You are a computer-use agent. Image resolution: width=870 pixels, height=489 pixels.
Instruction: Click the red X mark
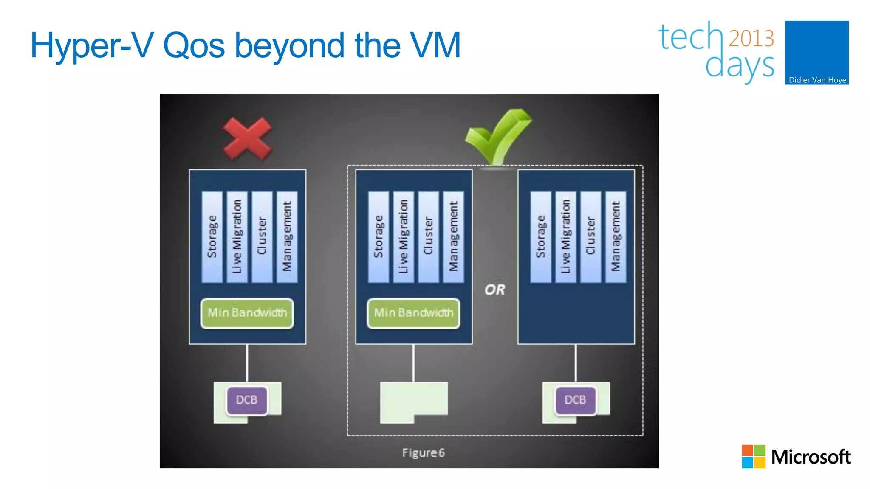(247, 138)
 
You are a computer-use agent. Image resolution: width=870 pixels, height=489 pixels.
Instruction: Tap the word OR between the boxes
(495, 290)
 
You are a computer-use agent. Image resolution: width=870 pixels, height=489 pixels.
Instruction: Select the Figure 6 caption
(423, 453)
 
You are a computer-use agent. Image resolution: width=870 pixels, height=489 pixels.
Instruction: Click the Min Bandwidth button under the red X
(247, 313)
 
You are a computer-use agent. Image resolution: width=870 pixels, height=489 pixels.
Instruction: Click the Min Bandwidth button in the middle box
(413, 313)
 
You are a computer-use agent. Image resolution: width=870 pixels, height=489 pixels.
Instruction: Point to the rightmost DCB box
(575, 400)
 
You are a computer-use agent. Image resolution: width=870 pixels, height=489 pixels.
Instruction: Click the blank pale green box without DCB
(413, 399)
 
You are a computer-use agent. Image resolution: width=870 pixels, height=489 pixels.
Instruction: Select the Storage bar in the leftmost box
(212, 237)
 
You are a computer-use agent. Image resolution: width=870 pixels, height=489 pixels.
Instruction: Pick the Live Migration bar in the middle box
(403, 237)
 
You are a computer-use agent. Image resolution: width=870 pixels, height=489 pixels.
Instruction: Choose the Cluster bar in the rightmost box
(590, 237)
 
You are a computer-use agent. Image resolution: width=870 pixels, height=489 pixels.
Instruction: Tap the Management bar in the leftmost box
(287, 237)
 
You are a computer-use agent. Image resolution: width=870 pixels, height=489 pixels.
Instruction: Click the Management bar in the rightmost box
(616, 237)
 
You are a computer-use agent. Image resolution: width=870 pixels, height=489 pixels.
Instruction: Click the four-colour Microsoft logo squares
(753, 456)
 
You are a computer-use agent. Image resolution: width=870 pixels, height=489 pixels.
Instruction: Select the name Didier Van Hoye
(817, 80)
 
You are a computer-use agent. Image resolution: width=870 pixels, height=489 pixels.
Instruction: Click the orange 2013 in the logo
(751, 39)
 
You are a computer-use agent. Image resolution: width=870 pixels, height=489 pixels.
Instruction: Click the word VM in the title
(435, 45)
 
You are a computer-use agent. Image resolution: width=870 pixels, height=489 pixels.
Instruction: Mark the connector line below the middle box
(413, 363)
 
